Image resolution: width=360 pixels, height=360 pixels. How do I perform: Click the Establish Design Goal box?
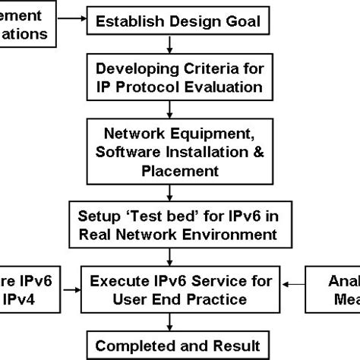(x=180, y=21)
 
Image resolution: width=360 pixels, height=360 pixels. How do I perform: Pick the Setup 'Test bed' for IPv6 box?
(x=180, y=221)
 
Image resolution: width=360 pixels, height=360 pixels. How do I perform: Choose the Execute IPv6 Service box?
(x=180, y=290)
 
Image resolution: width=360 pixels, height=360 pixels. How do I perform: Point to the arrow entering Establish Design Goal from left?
(x=77, y=21)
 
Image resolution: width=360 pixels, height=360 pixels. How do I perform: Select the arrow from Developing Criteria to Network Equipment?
(x=180, y=108)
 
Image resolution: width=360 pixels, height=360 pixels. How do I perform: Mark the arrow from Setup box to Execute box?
(x=180, y=255)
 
